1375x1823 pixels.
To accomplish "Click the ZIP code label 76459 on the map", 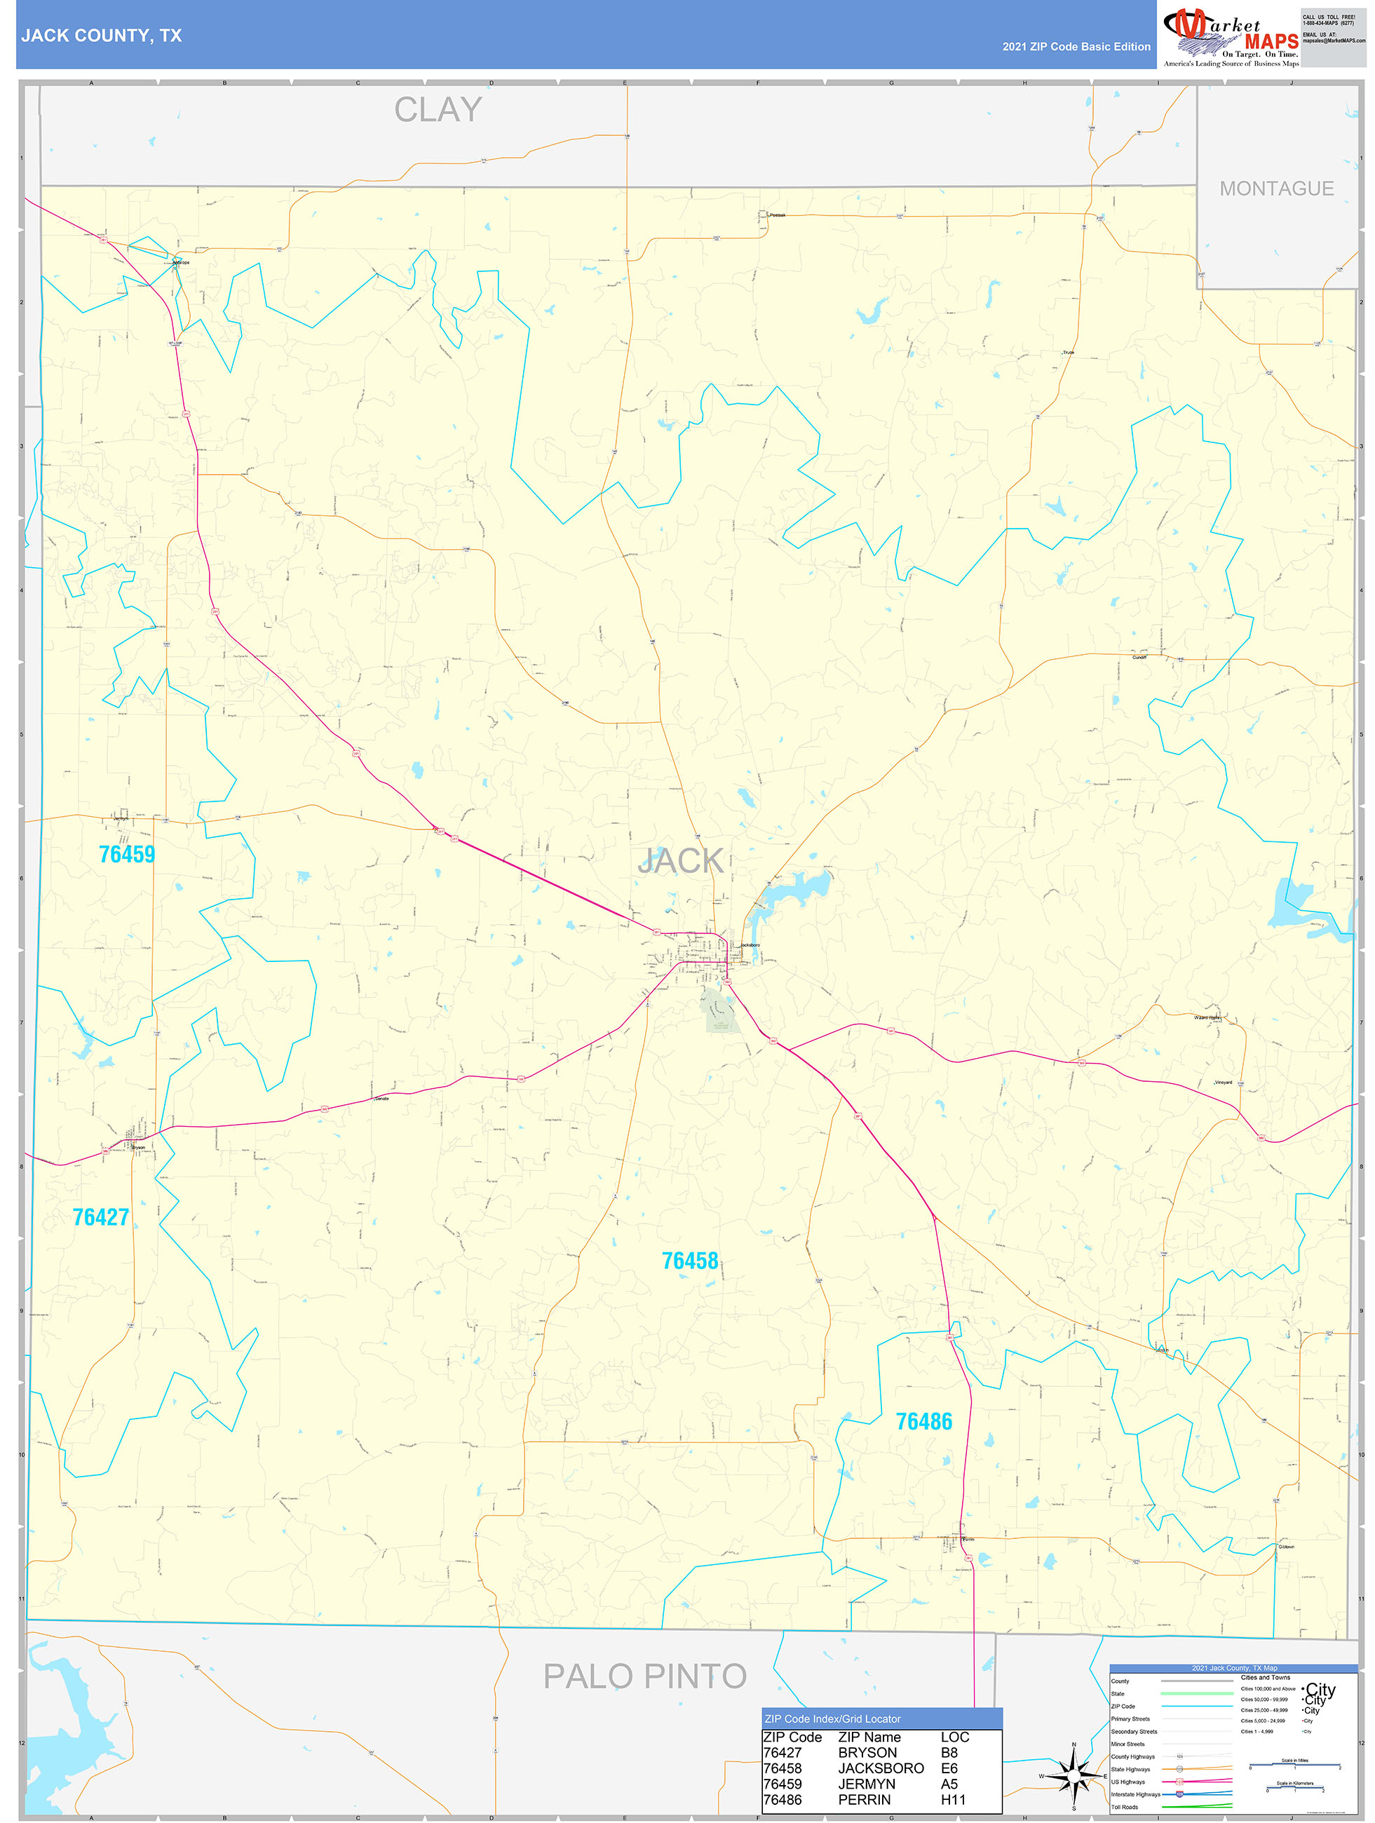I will pos(127,854).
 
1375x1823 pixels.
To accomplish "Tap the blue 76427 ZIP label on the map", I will pos(100,1217).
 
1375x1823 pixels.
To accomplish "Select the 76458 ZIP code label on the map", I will pos(690,1261).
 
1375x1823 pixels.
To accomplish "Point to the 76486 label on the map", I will pos(923,1422).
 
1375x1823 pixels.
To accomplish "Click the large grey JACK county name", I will pos(680,861).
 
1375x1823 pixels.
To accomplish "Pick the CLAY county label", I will pos(438,109).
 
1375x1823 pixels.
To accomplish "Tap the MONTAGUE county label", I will pos(1276,189).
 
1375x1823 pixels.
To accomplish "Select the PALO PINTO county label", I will pos(644,1676).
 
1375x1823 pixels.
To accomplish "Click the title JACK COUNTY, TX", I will pos(102,36).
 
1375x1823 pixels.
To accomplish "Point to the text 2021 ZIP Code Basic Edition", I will pos(1076,47).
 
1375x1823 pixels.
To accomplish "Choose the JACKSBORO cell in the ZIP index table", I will pos(881,1768).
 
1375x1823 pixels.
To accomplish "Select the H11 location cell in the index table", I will pos(952,1800).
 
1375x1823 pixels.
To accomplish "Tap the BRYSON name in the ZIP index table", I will pos(867,1753).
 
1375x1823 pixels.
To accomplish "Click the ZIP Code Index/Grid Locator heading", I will pos(832,1719).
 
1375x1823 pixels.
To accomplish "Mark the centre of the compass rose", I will pos(1073,1776).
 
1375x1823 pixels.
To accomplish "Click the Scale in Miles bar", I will pos(1294,1766).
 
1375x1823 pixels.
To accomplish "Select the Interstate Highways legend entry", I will pos(1135,1794).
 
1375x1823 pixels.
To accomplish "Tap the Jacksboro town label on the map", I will pos(750,945).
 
